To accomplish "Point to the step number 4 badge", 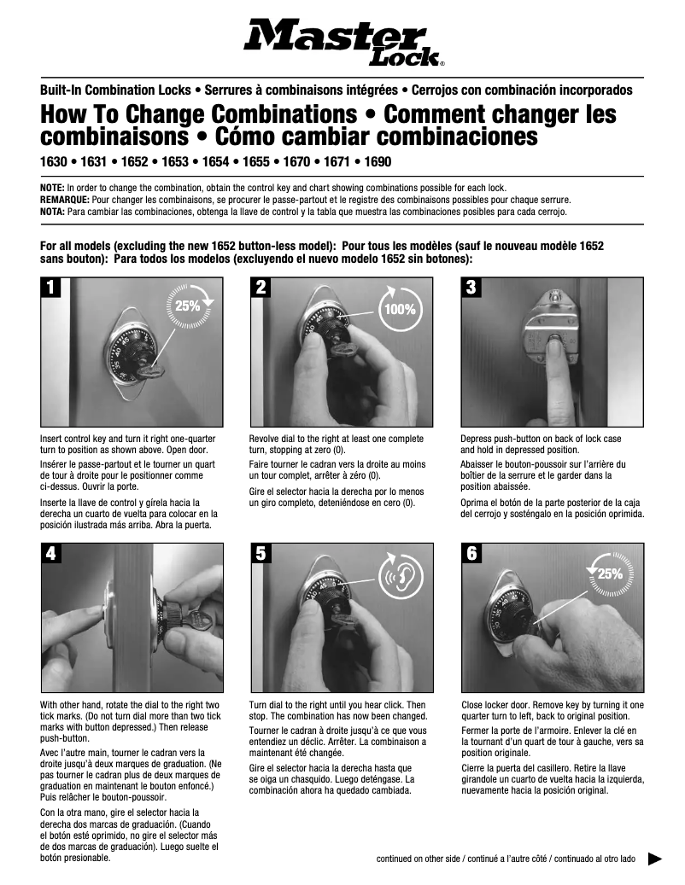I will pyautogui.click(x=52, y=552).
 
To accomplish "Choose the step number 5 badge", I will pyautogui.click(x=262, y=552).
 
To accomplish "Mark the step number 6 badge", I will pyautogui.click(x=472, y=552).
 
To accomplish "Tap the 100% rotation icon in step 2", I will pyautogui.click(x=398, y=309).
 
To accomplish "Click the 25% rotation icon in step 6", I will pyautogui.click(x=609, y=574).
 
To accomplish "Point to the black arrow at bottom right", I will pyautogui.click(x=656, y=859).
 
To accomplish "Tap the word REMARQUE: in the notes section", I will pyautogui.click(x=64, y=198).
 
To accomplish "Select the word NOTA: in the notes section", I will pyautogui.click(x=54, y=211).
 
